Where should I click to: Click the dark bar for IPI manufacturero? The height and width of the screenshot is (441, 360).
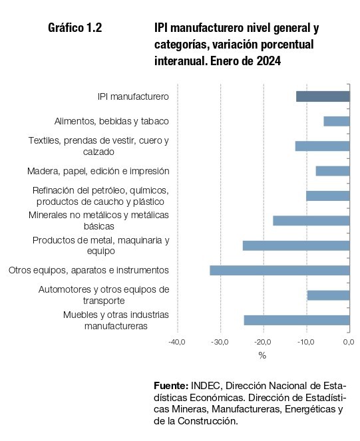click(x=323, y=96)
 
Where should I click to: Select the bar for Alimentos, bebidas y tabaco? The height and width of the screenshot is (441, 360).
click(x=337, y=121)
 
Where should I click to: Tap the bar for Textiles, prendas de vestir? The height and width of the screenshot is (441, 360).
click(x=322, y=146)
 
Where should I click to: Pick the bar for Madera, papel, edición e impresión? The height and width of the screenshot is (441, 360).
click(x=333, y=171)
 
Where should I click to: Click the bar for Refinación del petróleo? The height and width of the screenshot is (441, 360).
click(x=328, y=196)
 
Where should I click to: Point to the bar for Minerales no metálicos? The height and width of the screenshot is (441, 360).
click(x=311, y=221)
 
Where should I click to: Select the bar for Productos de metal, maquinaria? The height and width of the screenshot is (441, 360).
click(x=296, y=245)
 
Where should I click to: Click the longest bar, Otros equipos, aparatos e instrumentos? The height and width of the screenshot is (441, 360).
click(x=279, y=270)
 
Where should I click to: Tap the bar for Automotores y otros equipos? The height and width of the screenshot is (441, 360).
click(x=329, y=295)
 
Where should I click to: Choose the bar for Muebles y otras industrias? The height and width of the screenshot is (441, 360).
click(x=297, y=320)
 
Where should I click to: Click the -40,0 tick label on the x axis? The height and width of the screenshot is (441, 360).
click(x=177, y=343)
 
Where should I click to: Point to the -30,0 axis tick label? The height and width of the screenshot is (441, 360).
click(x=220, y=343)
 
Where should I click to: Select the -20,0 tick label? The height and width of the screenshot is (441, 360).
click(x=263, y=343)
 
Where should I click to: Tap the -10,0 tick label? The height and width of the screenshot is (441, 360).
click(x=305, y=343)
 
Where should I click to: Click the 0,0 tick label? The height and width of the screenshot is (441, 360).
click(x=349, y=343)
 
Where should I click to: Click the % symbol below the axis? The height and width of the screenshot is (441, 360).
click(x=262, y=355)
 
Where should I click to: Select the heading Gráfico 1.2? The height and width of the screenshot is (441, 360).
click(x=75, y=28)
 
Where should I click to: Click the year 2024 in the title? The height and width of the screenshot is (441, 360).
click(x=269, y=61)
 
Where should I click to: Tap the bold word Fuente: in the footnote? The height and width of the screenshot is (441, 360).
click(x=171, y=386)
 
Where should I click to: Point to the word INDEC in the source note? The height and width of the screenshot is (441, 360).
click(x=207, y=386)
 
